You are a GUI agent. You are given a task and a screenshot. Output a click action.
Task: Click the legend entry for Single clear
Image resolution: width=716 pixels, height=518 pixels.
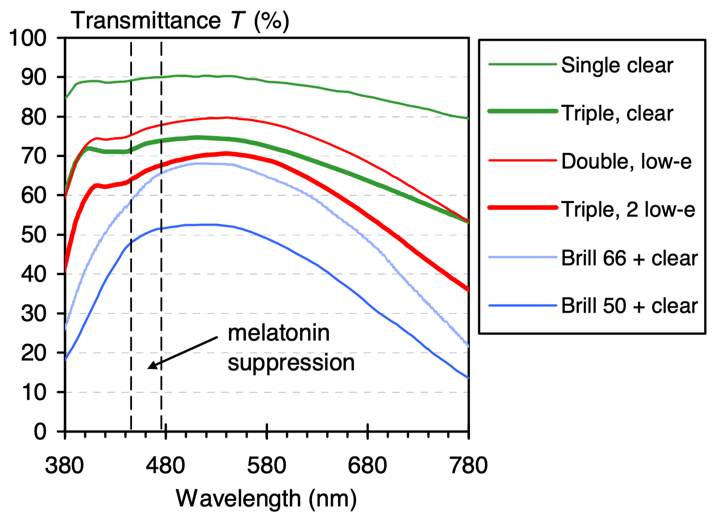(617, 66)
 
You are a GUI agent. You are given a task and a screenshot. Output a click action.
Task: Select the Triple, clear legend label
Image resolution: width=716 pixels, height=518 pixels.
(617, 114)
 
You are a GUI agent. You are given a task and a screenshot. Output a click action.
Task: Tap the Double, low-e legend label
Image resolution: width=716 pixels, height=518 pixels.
(626, 162)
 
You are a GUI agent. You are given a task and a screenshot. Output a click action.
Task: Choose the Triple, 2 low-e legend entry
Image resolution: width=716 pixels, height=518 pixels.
(628, 210)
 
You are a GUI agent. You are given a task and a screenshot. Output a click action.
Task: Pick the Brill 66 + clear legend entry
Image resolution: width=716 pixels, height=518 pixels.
(629, 258)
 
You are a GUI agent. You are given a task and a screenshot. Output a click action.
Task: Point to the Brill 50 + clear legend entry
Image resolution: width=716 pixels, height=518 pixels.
(629, 306)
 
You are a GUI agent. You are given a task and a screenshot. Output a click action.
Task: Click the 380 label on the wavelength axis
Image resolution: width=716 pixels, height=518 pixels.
(64, 466)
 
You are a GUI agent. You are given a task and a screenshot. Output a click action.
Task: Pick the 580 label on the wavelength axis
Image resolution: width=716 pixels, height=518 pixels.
(266, 466)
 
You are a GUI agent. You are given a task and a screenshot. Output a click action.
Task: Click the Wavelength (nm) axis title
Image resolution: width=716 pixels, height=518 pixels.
(266, 499)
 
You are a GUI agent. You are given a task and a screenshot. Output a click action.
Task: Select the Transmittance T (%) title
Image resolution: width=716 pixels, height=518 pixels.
(180, 20)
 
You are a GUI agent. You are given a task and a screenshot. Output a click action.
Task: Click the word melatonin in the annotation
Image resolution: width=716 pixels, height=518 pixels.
(279, 333)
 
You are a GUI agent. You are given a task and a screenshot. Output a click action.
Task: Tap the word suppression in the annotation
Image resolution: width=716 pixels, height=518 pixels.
(291, 363)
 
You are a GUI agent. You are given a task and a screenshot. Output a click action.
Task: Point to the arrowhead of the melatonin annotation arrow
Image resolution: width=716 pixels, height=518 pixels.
(149, 367)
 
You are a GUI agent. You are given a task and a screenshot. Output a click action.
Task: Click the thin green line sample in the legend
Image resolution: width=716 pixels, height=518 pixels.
(522, 64)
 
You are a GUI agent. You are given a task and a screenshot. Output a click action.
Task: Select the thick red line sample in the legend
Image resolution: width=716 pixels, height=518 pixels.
(522, 208)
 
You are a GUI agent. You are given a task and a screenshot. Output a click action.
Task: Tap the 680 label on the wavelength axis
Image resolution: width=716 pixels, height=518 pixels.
(367, 466)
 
